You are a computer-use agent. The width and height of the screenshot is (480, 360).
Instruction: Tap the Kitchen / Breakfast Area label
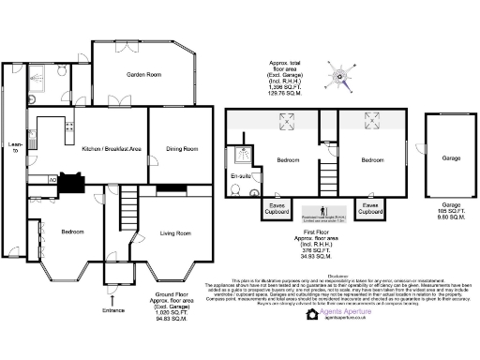(x=112, y=149)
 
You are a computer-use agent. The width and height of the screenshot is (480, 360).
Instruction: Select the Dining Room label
(x=183, y=149)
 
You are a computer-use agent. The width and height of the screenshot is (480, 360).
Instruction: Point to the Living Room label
(x=176, y=232)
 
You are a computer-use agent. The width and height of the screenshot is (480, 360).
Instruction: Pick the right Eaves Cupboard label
(x=371, y=208)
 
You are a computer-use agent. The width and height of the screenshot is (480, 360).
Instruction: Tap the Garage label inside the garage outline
(x=451, y=158)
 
